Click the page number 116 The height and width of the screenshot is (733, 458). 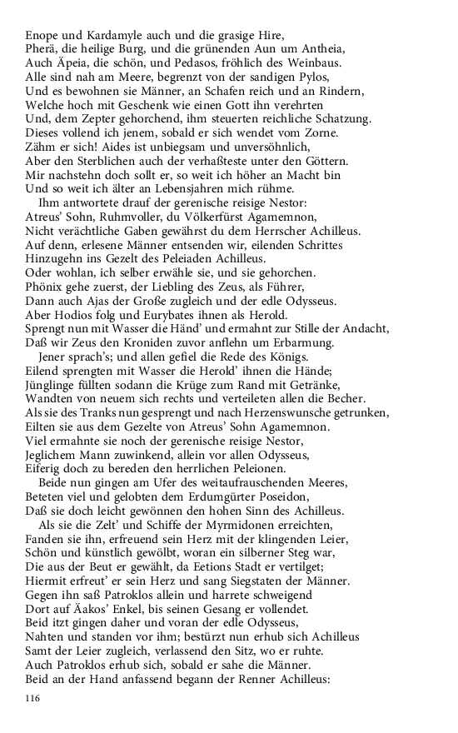tap(33, 697)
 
